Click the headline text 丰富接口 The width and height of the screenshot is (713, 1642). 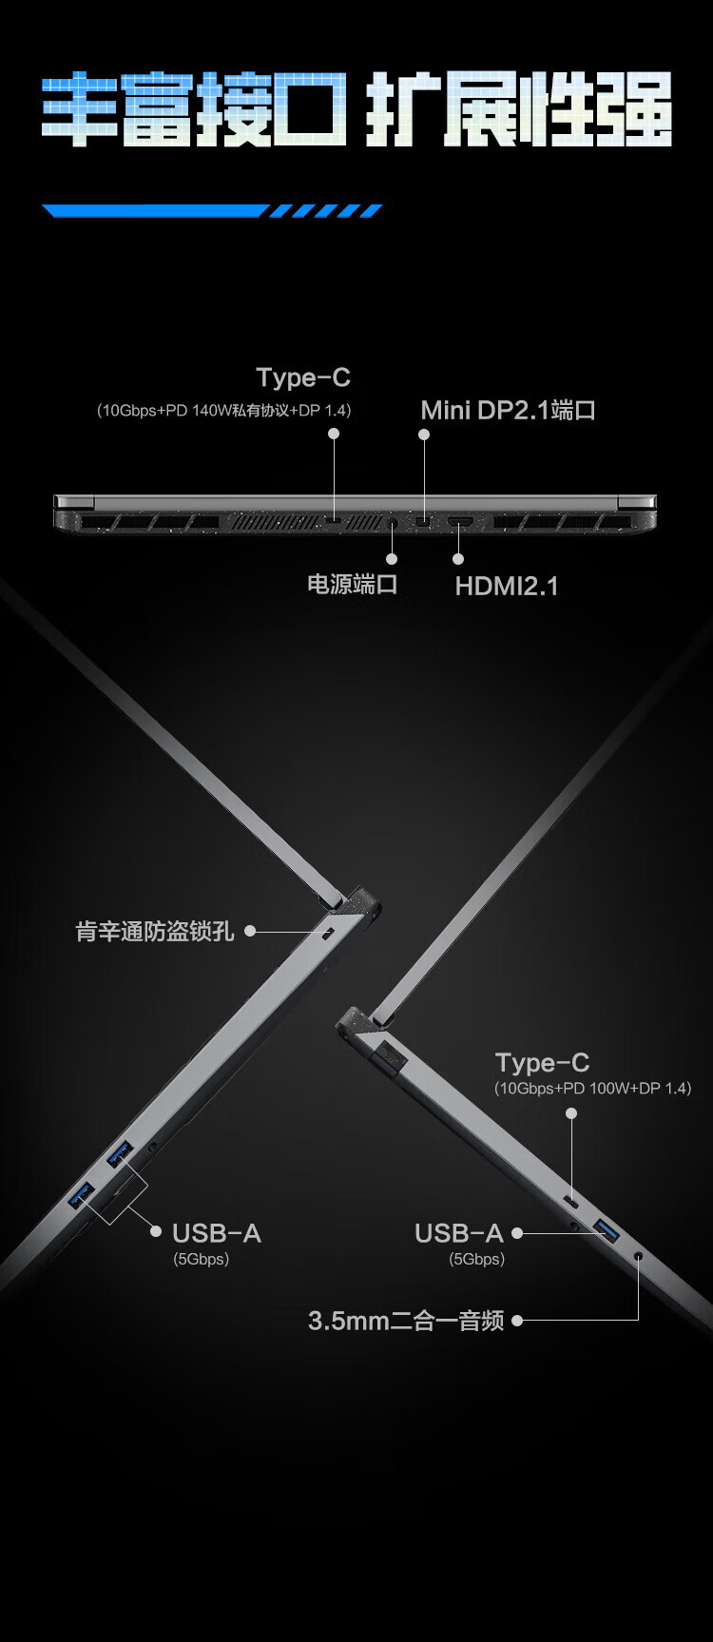coord(194,110)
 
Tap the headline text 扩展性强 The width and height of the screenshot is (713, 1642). coord(519,110)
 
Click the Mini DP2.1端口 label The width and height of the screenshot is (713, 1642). coord(508,411)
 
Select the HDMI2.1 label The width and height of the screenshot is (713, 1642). coord(506,586)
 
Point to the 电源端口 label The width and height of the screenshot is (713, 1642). coord(352,584)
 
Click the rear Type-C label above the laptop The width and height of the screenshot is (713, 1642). coord(303,377)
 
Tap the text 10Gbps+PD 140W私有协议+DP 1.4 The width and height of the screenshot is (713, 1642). coord(224,411)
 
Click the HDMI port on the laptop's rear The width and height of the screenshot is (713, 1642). coord(460,522)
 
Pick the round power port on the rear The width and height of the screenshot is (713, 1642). coord(392,522)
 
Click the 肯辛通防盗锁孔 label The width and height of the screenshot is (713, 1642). coord(155,931)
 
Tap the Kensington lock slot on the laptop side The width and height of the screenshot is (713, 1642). coord(329,933)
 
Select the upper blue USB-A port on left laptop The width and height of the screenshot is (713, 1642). coord(119,1154)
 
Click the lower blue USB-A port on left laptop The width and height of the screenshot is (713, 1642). coord(81,1195)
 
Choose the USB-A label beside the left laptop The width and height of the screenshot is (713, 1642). coord(216,1233)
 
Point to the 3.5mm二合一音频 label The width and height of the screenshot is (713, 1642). coord(406,1321)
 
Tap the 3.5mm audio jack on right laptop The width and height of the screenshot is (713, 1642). coord(638,1256)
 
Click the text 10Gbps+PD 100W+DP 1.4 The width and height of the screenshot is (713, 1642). coord(592,1088)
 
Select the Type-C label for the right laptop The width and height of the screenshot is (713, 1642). coord(542,1062)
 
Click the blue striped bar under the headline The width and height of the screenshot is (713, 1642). coord(212,211)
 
